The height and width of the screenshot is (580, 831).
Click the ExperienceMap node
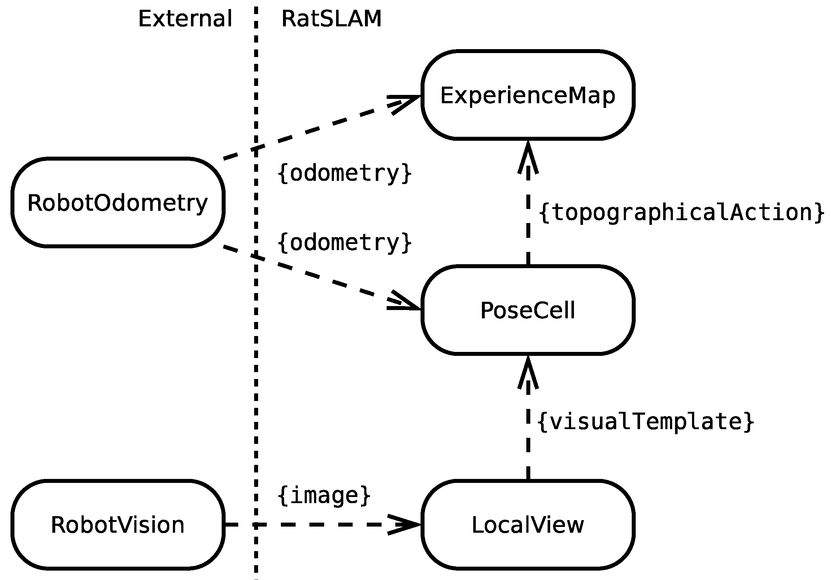(x=528, y=95)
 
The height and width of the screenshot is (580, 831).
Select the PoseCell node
(x=528, y=310)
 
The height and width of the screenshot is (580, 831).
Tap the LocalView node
(x=528, y=525)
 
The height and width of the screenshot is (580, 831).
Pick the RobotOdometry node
(x=118, y=202)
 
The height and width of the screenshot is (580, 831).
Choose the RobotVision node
(x=118, y=525)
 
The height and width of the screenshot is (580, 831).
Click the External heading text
(x=185, y=19)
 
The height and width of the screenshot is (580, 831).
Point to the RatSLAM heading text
(x=331, y=19)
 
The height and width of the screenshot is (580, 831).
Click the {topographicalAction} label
(x=682, y=212)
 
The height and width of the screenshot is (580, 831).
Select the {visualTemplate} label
(x=646, y=422)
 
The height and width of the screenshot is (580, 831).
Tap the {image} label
(x=324, y=495)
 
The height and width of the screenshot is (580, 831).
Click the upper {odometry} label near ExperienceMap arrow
(x=344, y=173)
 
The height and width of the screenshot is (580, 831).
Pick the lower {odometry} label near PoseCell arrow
(x=344, y=243)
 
